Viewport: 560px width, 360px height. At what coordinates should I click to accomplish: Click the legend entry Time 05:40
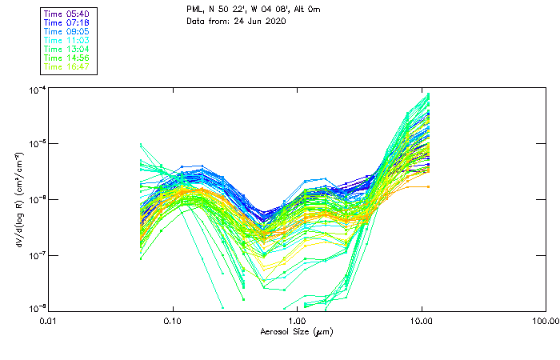67,14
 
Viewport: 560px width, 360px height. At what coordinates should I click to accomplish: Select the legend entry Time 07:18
67,22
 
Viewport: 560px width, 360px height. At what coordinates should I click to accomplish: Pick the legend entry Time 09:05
67,31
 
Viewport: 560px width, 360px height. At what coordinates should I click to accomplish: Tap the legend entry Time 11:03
67,40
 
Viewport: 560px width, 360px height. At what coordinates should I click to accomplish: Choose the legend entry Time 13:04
67,49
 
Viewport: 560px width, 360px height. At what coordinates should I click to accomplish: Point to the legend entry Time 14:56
67,58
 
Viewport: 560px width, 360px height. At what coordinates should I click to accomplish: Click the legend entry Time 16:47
67,66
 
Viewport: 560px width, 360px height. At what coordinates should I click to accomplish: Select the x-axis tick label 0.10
173,322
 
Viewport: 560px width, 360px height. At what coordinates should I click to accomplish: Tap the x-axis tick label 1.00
297,322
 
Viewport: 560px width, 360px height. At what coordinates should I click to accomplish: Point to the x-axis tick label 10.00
421,322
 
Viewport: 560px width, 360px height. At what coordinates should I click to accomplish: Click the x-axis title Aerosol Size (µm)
297,331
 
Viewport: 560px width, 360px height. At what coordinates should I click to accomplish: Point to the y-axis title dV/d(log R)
19,198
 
